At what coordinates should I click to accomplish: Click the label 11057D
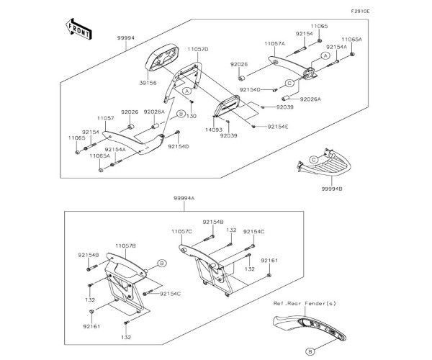tap(198, 49)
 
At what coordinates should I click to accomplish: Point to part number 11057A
tap(274, 44)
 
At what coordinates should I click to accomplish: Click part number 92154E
tap(277, 127)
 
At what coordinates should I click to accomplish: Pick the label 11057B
tap(125, 246)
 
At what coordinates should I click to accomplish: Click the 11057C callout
tap(181, 232)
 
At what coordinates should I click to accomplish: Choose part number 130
tap(192, 116)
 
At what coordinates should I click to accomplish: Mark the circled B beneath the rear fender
tap(310, 351)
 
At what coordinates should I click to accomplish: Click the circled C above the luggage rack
tap(313, 159)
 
